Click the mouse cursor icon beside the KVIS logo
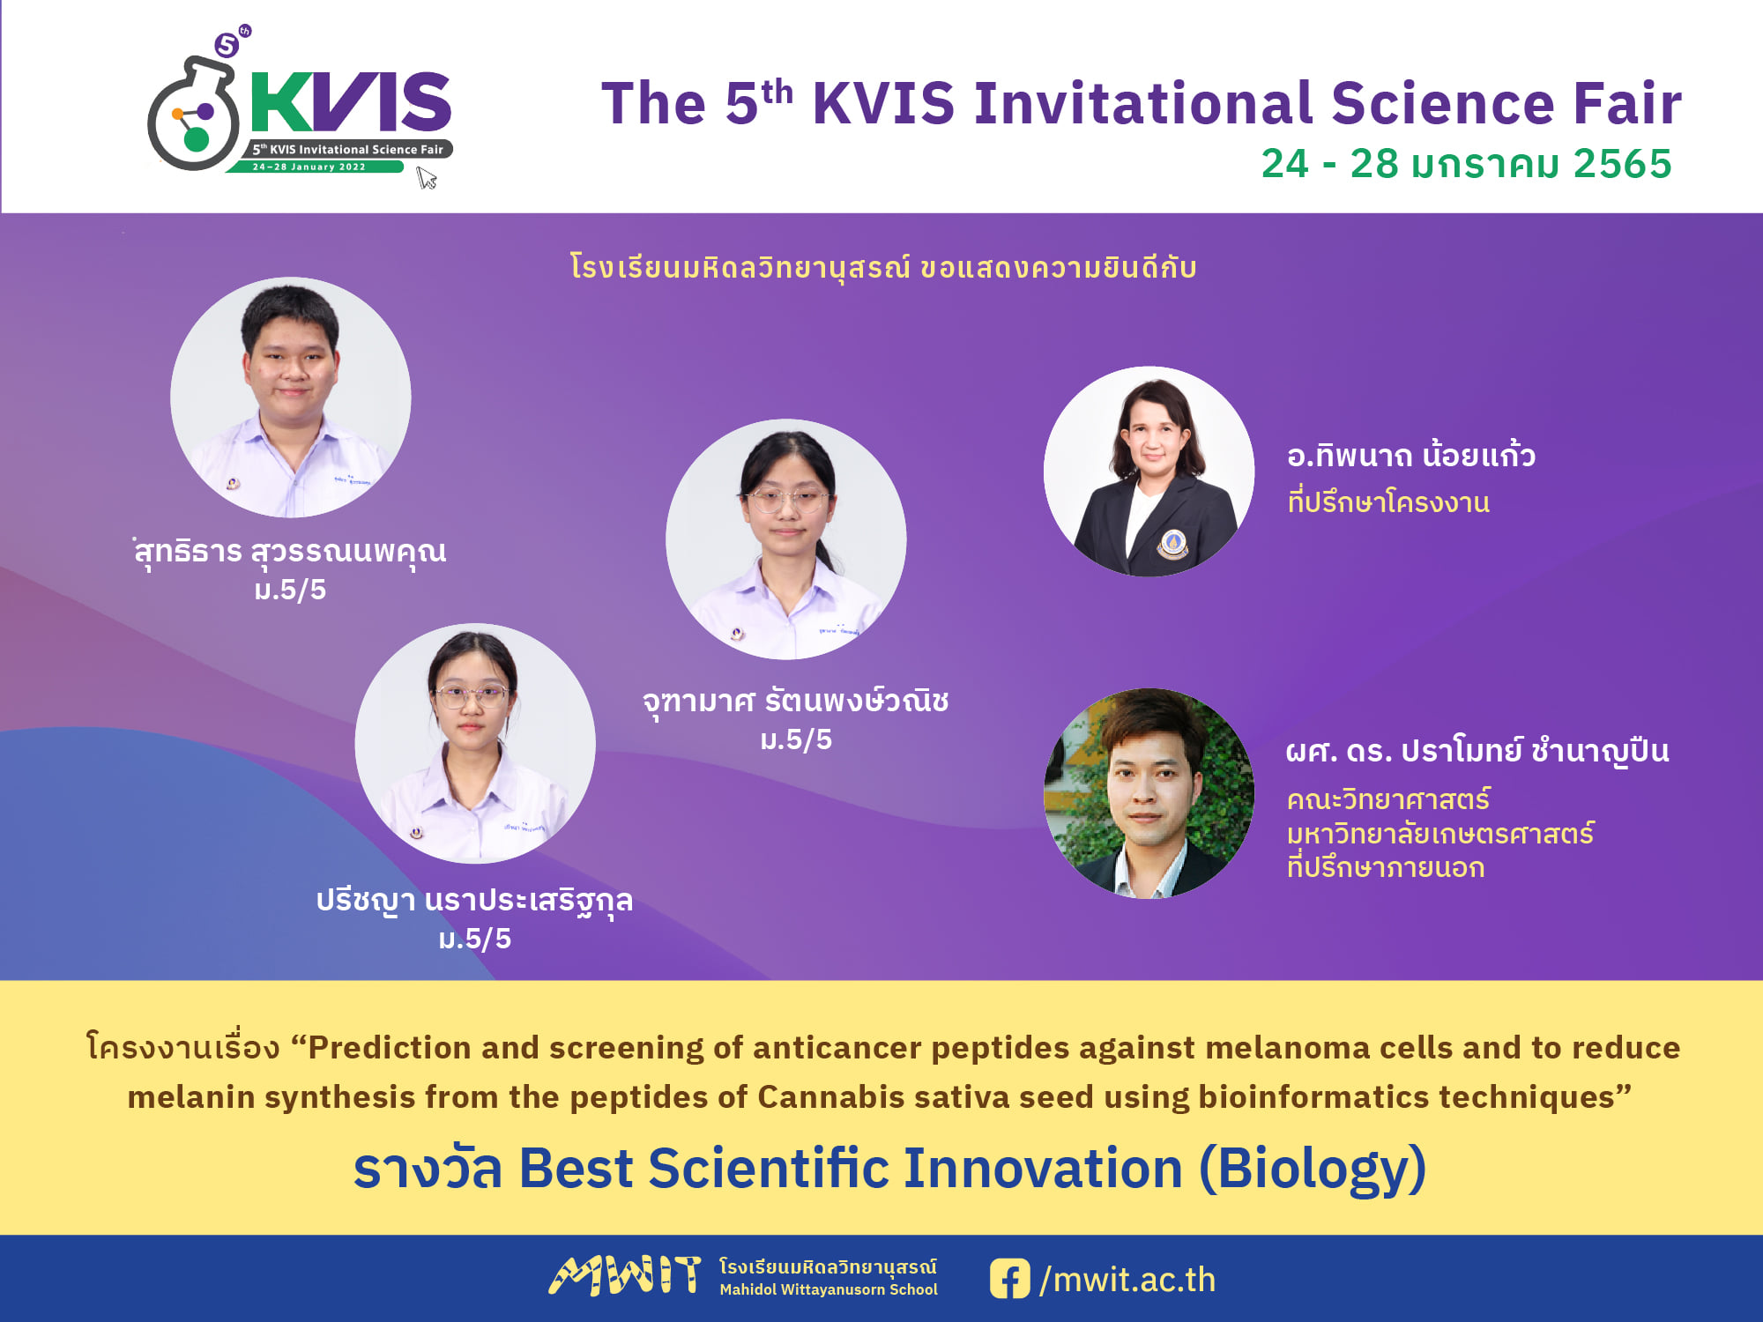[427, 178]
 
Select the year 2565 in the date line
[1622, 164]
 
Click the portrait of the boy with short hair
[291, 397]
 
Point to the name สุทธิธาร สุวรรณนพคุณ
[290, 552]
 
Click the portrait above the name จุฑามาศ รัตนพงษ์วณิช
[785, 539]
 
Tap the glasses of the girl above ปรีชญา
[471, 697]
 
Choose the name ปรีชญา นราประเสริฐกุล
[474, 901]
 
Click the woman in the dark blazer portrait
[1149, 472]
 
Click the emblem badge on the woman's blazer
[1172, 543]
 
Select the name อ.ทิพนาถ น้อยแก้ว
[1411, 455]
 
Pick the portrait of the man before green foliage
[1149, 793]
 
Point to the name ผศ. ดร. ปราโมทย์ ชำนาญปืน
[1477, 751]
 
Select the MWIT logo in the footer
[625, 1276]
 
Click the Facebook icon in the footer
[1009, 1279]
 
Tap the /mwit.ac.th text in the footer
[1127, 1280]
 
